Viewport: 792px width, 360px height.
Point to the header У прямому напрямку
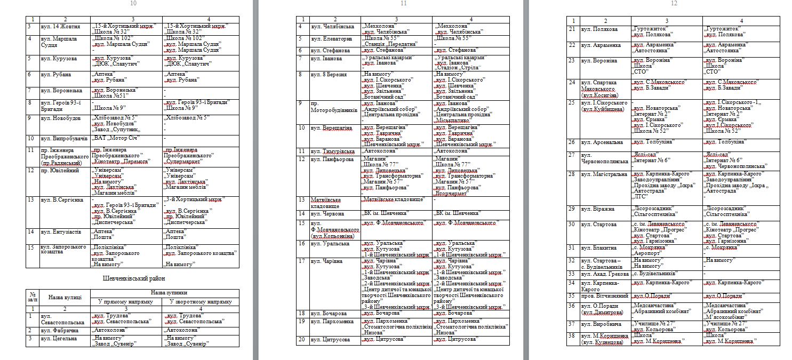point(126,302)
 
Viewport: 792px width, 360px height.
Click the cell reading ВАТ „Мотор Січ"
point(116,138)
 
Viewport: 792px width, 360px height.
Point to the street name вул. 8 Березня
point(329,74)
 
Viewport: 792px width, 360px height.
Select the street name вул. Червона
point(327,213)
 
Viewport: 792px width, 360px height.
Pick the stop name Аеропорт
point(647,254)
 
